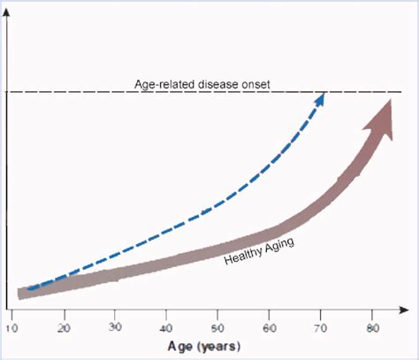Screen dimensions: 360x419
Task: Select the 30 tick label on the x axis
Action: pos(116,328)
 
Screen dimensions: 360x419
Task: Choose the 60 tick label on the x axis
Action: pos(269,328)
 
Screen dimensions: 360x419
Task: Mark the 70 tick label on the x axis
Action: pos(320,328)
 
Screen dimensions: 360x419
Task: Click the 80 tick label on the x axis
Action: pos(370,328)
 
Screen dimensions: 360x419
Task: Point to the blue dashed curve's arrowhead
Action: pos(320,98)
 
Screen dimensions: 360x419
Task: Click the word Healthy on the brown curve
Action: pos(240,256)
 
